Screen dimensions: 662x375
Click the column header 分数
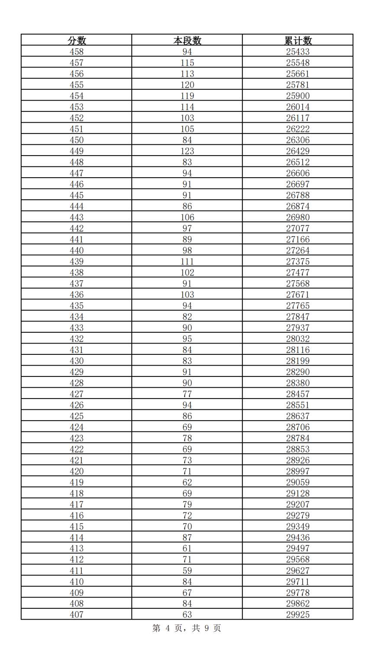coord(77,40)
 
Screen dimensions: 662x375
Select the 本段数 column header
coord(187,40)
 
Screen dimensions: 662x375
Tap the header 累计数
coord(298,40)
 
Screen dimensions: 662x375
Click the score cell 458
coord(77,52)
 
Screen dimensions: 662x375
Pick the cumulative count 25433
coord(298,52)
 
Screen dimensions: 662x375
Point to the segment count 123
coord(187,151)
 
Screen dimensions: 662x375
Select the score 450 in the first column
coord(77,140)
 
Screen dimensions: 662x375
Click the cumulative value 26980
coord(298,217)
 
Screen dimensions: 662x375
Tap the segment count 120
coord(187,85)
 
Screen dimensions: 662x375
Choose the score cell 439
coord(77,262)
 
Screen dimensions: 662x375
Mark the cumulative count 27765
coord(298,306)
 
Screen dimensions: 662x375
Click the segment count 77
coord(187,394)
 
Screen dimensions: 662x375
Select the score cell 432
coord(77,339)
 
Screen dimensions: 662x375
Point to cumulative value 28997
coord(298,471)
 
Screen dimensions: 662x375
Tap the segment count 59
coord(187,571)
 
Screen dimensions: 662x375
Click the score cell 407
coord(77,615)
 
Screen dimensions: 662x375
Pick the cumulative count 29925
coord(298,615)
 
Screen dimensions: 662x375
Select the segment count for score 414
coord(187,538)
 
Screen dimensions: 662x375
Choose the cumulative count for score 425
coord(298,416)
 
